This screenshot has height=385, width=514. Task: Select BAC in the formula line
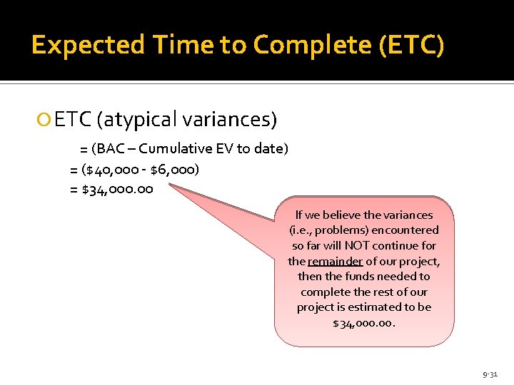pyautogui.click(x=115, y=148)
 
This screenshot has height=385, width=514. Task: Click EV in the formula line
pyautogui.click(x=226, y=148)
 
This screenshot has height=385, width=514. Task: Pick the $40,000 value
pyautogui.click(x=116, y=170)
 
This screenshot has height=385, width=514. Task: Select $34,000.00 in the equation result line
pyautogui.click(x=117, y=190)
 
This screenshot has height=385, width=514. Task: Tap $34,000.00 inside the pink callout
pyautogui.click(x=363, y=323)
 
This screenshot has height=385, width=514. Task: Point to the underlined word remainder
pyautogui.click(x=335, y=261)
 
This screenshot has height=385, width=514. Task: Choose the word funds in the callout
pyautogui.click(x=360, y=276)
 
